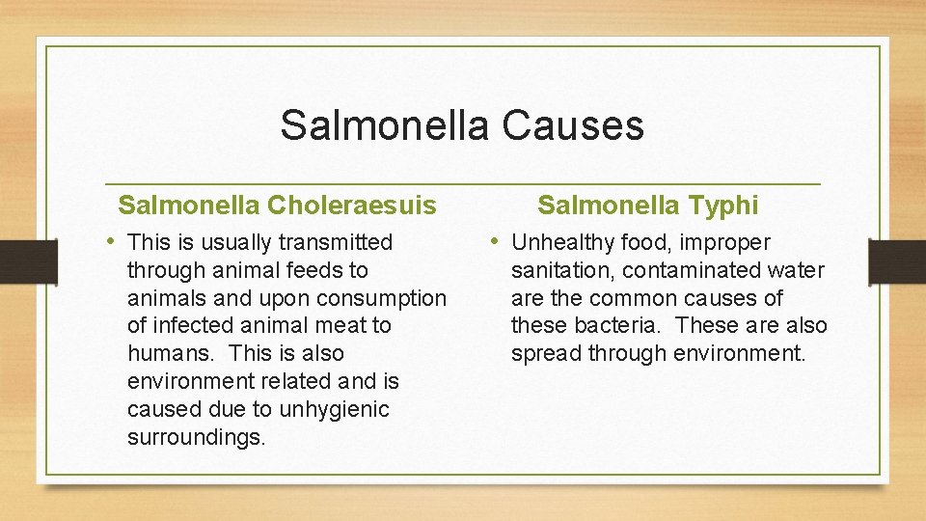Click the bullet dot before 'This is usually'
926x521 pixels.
[113, 241]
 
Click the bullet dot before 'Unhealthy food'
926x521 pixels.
[496, 241]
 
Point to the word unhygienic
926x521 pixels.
[333, 410]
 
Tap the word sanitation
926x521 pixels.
[562, 270]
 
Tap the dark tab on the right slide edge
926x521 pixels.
[897, 261]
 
